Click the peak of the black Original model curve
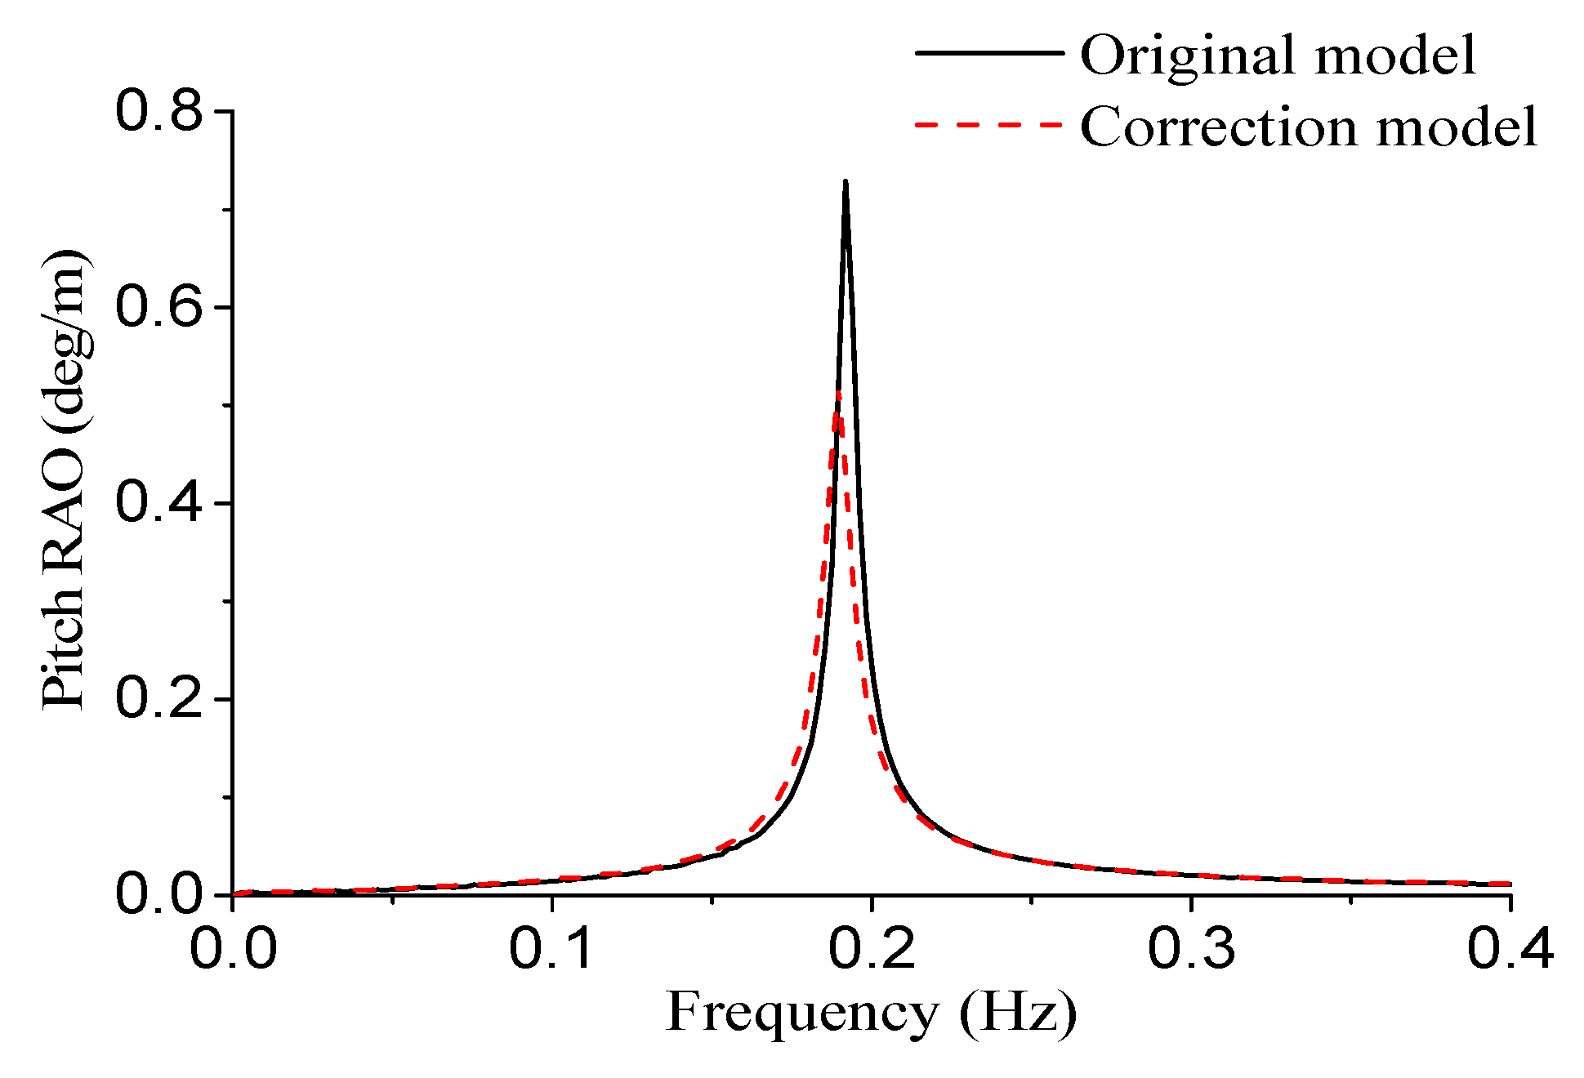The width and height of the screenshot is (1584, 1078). coord(846,182)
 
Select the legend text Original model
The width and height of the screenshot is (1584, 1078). coord(1278,55)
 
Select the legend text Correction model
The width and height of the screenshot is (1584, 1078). coord(1309,127)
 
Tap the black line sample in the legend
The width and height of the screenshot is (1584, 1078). coord(989,52)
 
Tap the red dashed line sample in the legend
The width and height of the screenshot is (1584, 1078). coord(989,124)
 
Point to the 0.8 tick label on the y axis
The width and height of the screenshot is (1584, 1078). coord(158,111)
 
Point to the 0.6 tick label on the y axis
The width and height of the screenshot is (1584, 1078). coord(158,307)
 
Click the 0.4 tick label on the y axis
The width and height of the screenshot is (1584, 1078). coord(158,503)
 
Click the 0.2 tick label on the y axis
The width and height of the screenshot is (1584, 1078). coord(158,699)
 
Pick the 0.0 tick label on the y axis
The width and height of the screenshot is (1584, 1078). coord(158,895)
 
